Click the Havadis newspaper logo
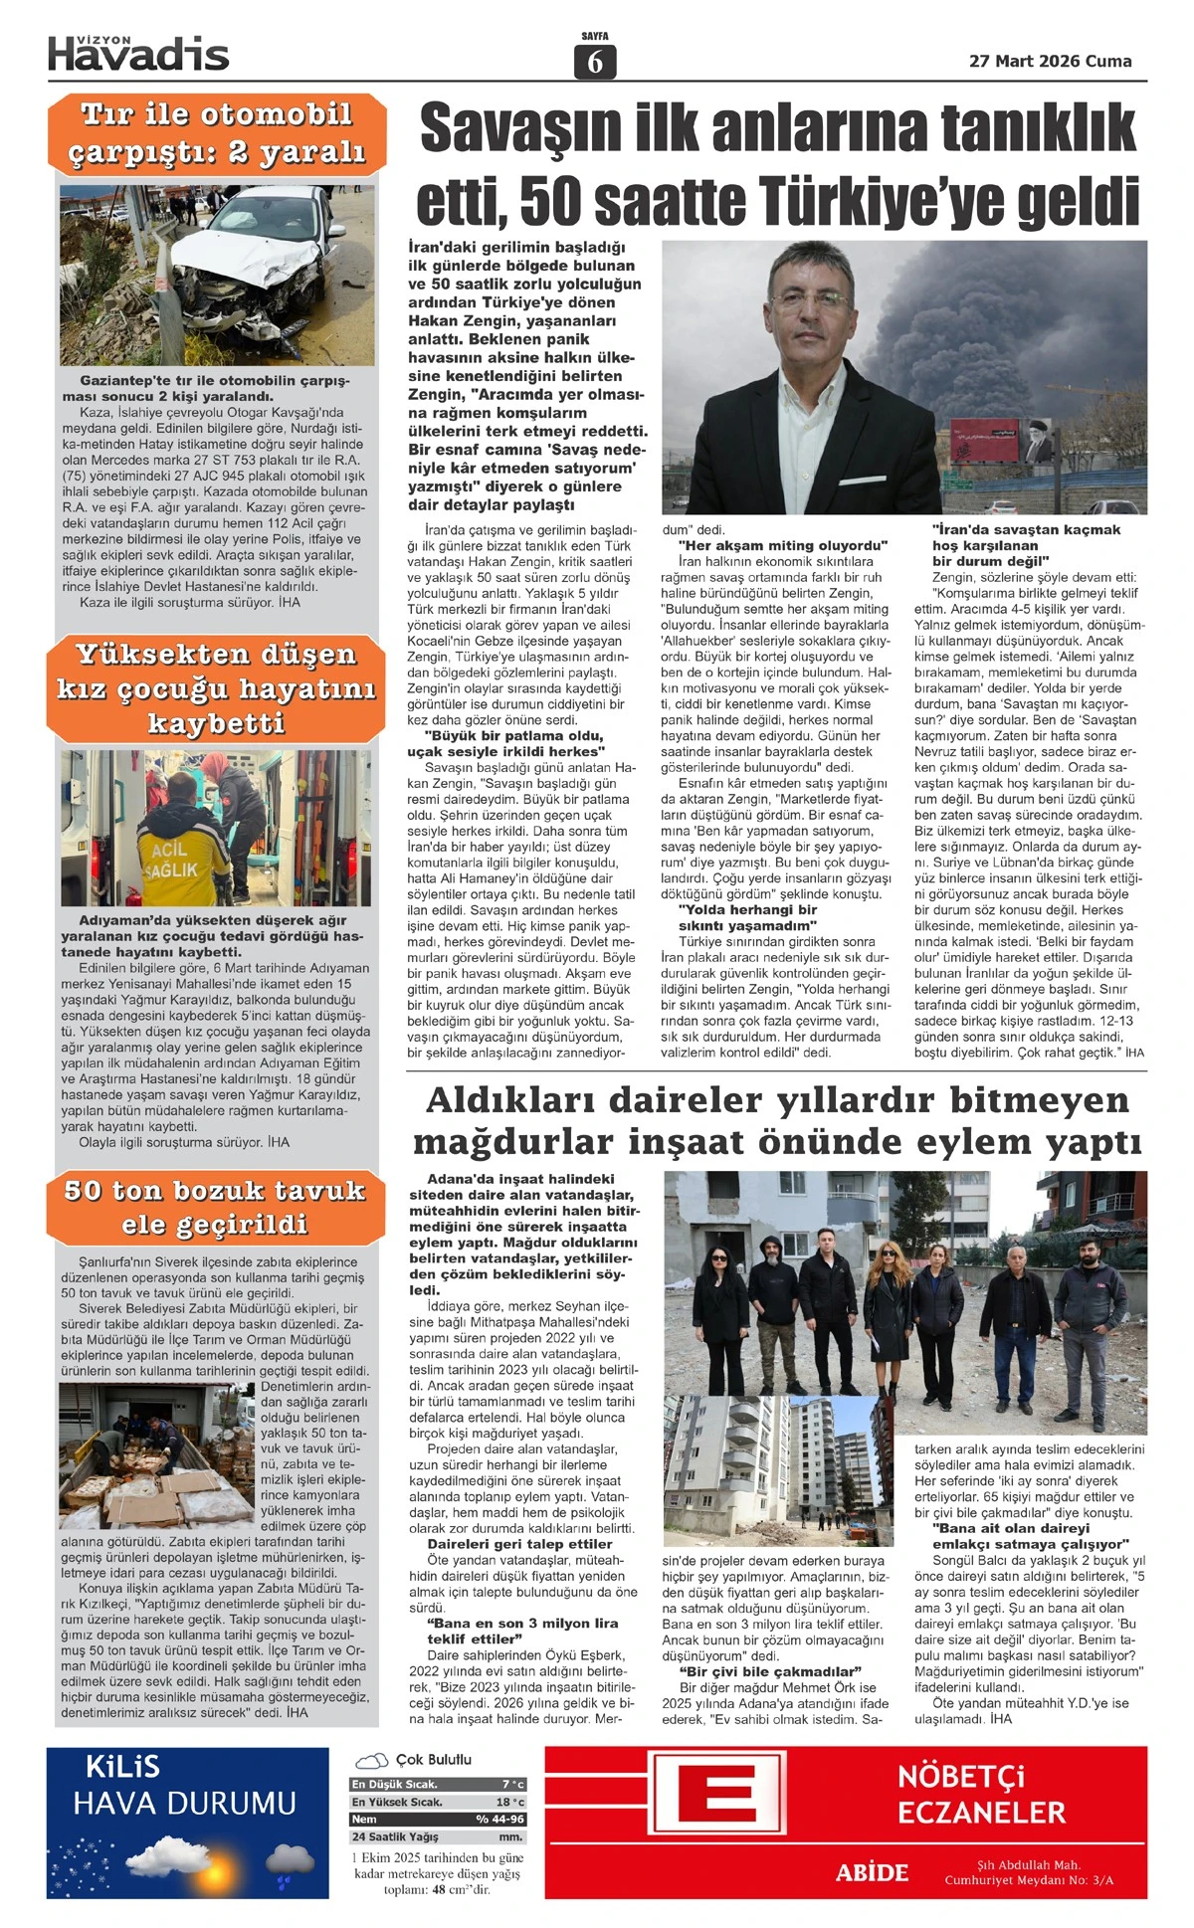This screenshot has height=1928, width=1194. [x=138, y=54]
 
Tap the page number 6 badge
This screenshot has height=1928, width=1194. [x=595, y=62]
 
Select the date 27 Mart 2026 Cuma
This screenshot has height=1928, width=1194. [x=1050, y=62]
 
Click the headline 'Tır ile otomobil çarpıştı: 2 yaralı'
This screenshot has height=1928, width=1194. [x=217, y=134]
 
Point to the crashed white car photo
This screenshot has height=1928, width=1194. [x=217, y=274]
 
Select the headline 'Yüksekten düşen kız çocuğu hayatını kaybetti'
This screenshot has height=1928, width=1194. [x=217, y=688]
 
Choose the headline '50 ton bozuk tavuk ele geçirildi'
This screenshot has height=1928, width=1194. [x=215, y=1207]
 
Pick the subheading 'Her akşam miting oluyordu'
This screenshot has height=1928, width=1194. [x=782, y=545]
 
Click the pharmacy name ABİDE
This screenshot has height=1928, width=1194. [x=872, y=1873]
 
